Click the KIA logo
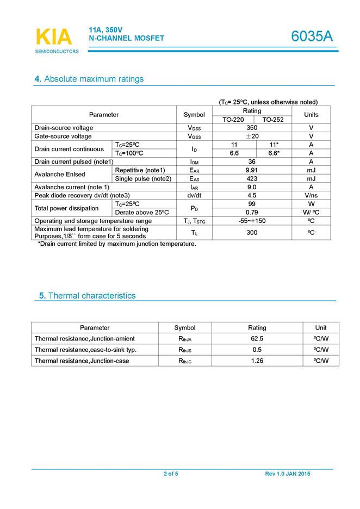54,37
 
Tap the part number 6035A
312,36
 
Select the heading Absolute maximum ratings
89,79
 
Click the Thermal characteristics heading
87,296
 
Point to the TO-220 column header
233,120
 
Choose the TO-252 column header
274,120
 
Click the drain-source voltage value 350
252,128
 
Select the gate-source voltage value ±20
252,136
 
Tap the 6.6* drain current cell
274,153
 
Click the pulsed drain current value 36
252,162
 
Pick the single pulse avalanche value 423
252,178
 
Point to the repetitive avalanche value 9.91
252,170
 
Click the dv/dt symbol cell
194,195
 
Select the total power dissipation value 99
252,203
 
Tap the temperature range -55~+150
252,221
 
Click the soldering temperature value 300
252,232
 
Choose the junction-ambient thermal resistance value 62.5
257,339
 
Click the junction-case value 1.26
257,361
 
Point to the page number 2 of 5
171,474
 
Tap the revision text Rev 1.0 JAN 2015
288,474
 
